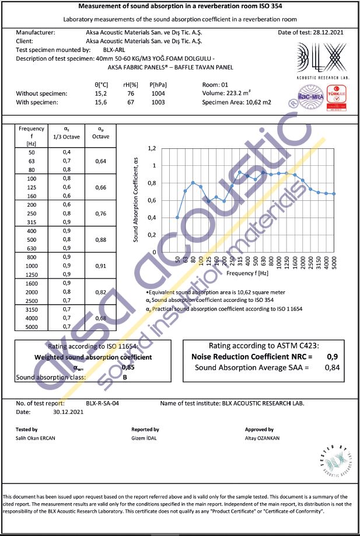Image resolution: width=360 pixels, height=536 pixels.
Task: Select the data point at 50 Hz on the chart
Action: tap(177, 217)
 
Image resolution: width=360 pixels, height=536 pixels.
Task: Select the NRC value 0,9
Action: tap(332, 356)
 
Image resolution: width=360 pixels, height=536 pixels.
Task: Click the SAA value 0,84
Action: tap(332, 367)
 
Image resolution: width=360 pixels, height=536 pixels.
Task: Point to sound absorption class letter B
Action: tap(125, 377)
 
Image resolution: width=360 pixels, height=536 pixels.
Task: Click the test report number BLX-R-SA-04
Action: tap(102, 403)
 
